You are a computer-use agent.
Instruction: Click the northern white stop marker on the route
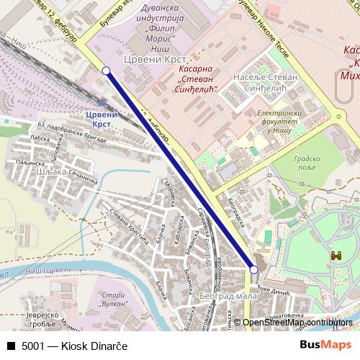(x=107, y=71)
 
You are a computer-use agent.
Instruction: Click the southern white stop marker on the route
(x=253, y=269)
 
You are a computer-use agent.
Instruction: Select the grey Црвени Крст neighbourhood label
(x=156, y=59)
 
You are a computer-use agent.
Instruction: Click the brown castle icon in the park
(x=336, y=256)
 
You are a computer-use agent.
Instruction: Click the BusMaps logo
(x=325, y=346)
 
